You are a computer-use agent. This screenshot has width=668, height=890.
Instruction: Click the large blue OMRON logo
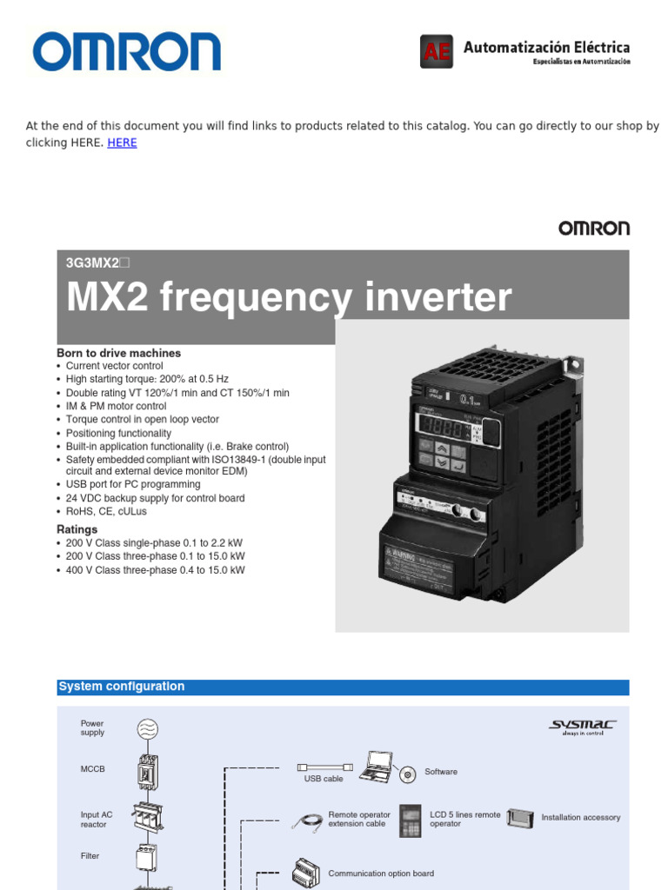click(127, 52)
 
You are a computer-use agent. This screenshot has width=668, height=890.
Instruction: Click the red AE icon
click(436, 52)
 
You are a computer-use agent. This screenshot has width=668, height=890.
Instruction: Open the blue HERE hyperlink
click(122, 143)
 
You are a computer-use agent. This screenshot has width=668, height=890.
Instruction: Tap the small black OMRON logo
click(593, 229)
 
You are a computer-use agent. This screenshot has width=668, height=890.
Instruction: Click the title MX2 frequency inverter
click(289, 298)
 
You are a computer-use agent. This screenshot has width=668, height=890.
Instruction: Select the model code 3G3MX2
click(97, 262)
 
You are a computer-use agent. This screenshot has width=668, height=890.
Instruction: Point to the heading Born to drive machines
click(118, 353)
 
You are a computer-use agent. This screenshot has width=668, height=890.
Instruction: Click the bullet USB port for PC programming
click(133, 484)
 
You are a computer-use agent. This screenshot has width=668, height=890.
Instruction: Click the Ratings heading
click(77, 529)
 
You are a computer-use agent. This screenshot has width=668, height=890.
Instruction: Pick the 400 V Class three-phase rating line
click(155, 570)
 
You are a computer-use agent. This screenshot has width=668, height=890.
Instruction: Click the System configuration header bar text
click(121, 687)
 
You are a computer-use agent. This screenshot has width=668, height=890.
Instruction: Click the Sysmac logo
click(582, 726)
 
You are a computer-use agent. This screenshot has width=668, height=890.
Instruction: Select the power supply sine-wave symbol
click(147, 729)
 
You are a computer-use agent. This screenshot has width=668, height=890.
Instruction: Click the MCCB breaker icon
click(147, 771)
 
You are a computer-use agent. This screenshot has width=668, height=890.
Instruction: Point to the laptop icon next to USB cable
click(377, 766)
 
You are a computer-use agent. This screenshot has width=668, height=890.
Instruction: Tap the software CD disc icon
click(407, 774)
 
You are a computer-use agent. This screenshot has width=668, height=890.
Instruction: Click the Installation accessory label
click(580, 818)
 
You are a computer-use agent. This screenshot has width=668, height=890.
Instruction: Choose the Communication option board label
click(380, 873)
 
